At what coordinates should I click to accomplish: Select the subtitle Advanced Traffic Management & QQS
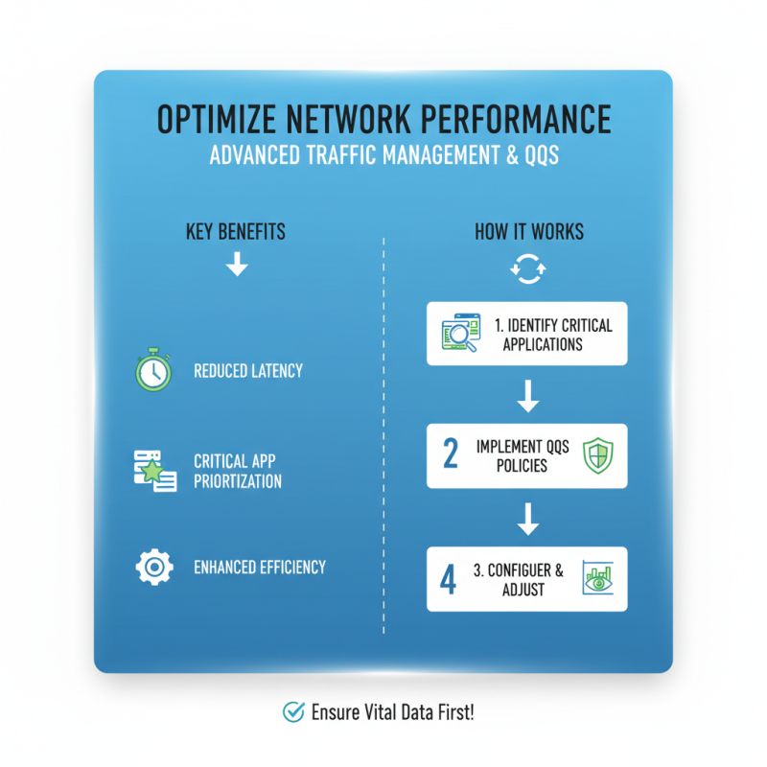point(383,156)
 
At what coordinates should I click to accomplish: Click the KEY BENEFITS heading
point(236,233)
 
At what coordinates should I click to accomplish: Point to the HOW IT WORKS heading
point(528,233)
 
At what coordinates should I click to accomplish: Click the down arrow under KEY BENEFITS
point(236,266)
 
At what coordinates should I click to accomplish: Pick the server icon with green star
point(153,471)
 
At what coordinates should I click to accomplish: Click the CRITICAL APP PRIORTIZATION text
point(238,471)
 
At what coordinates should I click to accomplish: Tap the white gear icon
point(153,567)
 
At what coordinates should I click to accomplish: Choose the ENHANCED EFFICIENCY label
point(260,567)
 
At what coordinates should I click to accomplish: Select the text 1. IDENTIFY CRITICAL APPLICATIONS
point(553,335)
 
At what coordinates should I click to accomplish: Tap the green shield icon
point(596,456)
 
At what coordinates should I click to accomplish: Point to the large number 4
point(448,580)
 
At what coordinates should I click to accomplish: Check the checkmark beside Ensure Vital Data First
point(293,711)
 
